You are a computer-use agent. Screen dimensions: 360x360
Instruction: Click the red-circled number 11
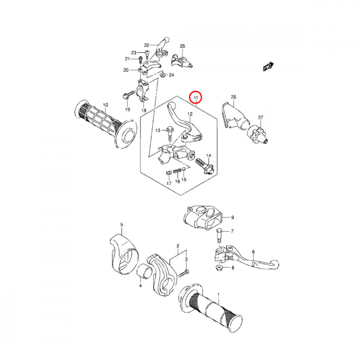pyautogui.click(x=196, y=98)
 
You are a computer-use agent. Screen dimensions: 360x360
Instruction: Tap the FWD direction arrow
pyautogui.click(x=268, y=67)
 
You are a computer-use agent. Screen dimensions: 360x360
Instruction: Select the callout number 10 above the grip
pyautogui.click(x=105, y=105)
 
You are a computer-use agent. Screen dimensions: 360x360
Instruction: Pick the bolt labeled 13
pyautogui.click(x=170, y=133)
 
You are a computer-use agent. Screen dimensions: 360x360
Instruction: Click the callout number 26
pyautogui.click(x=233, y=97)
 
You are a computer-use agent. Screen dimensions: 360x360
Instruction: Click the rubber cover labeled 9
pyautogui.click(x=202, y=217)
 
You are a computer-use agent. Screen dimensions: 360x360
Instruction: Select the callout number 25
pyautogui.click(x=182, y=46)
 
